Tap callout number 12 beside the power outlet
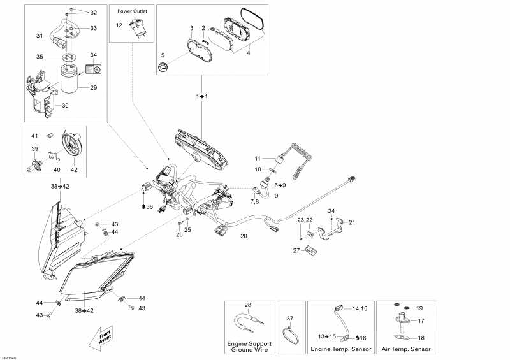click(x=119, y=25)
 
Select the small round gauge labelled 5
click(x=163, y=68)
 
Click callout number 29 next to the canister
click(x=94, y=87)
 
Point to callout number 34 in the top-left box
click(x=94, y=55)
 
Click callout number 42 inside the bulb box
click(x=74, y=170)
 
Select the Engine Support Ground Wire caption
click(x=250, y=347)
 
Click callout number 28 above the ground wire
click(x=248, y=305)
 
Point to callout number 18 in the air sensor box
click(x=419, y=338)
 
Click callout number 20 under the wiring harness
click(x=243, y=236)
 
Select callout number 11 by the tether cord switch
click(x=258, y=158)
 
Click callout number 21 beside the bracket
click(x=352, y=222)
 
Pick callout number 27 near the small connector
click(x=296, y=250)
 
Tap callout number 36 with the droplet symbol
click(x=148, y=206)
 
